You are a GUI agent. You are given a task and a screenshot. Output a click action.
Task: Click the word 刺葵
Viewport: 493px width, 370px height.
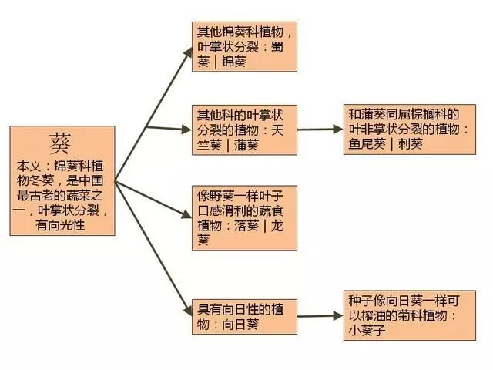(x=410, y=143)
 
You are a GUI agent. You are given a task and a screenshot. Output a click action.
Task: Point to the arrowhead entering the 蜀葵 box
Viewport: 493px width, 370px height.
(x=187, y=51)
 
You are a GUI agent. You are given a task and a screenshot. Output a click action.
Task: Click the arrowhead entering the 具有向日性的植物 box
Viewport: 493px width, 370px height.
(x=187, y=311)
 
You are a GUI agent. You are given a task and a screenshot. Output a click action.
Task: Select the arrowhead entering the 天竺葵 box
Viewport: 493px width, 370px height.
(x=187, y=128)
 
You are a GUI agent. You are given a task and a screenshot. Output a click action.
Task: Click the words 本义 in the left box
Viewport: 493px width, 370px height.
(x=29, y=166)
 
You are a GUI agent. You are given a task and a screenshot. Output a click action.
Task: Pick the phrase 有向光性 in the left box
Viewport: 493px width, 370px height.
(x=62, y=224)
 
